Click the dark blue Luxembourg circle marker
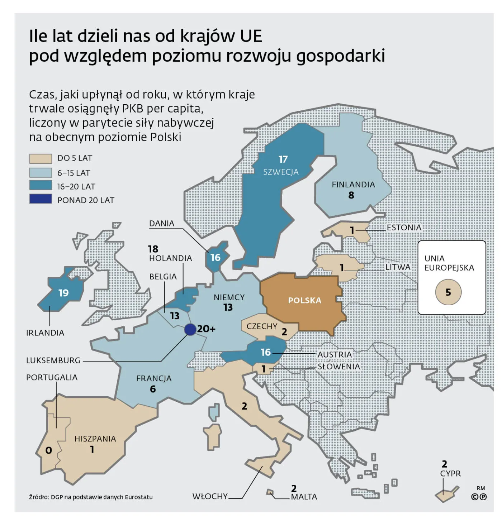tap(190, 329)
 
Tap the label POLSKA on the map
tap(304, 300)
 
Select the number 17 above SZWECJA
tap(283, 159)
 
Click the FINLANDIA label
tap(353, 185)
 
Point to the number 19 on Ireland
tap(63, 293)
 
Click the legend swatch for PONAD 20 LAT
tap(41, 199)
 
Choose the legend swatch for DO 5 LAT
tap(41, 158)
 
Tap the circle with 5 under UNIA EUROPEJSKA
tap(448, 292)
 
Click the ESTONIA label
tap(404, 228)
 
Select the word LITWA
tap(398, 267)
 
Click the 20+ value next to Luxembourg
tap(206, 329)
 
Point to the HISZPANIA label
tap(95, 439)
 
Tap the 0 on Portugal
tap(49, 450)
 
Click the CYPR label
tap(450, 473)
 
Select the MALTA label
tap(304, 497)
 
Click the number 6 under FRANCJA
tap(153, 389)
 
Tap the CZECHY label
tap(262, 326)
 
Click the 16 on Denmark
tap(215, 258)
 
